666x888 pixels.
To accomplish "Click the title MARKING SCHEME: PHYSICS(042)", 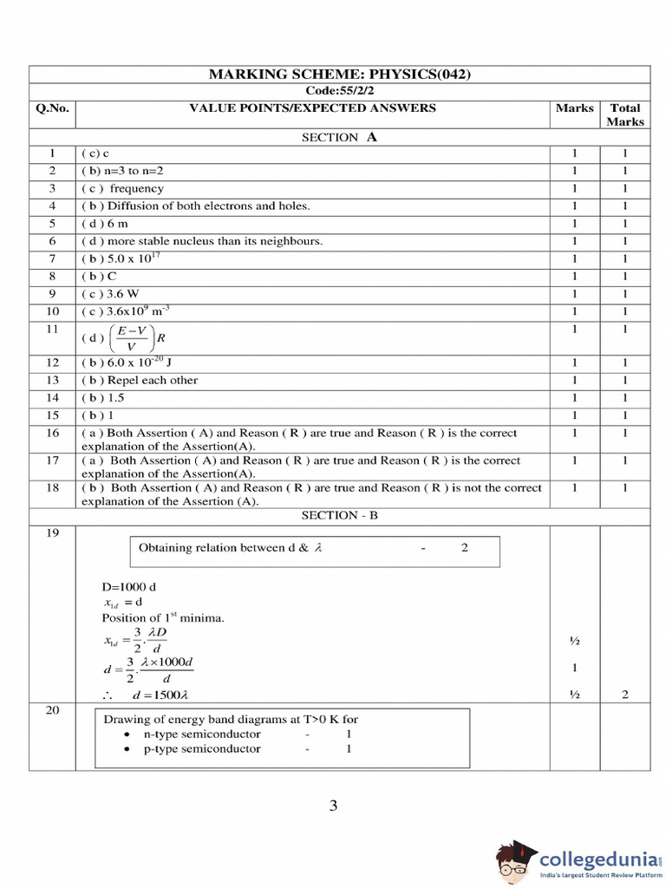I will tap(339, 75).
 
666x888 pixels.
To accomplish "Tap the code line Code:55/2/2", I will tap(339, 91).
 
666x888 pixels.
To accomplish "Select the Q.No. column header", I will tap(52, 108).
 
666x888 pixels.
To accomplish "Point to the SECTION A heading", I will tap(339, 137).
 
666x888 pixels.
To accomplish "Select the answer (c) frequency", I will tap(122, 188).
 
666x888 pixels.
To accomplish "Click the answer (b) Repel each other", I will tap(140, 380).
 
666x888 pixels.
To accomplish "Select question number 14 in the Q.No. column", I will tap(52, 397).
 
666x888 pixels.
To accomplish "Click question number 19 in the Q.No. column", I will tap(52, 532).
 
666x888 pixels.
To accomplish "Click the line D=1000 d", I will tap(131, 586).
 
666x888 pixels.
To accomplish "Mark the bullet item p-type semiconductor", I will tap(202, 748).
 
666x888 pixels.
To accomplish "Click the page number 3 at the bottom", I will tap(333, 806).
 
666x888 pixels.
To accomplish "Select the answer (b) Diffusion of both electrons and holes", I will tap(196, 206).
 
